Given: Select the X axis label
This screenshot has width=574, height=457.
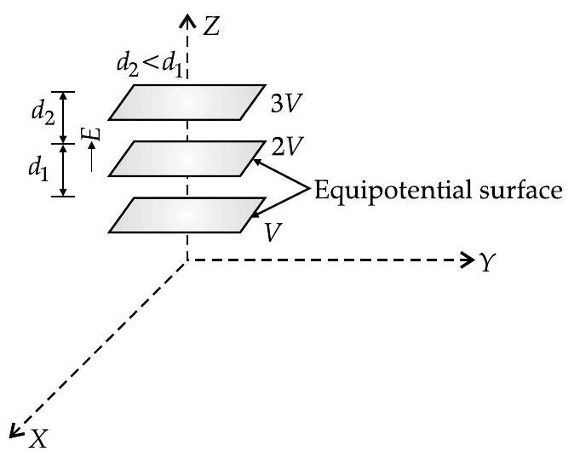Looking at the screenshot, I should (x=37, y=438).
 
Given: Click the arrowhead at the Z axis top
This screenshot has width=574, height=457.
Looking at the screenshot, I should (x=186, y=18).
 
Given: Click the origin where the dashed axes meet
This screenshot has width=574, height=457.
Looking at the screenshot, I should (x=186, y=260).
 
